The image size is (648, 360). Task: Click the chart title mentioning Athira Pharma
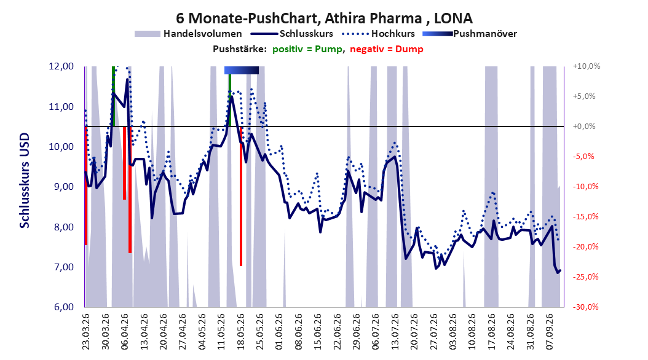click(x=324, y=18)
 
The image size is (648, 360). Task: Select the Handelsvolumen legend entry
click(x=188, y=34)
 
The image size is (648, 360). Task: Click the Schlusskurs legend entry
click(x=292, y=34)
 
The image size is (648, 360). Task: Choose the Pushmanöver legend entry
click(x=470, y=34)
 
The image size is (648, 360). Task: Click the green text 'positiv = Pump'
click(x=307, y=49)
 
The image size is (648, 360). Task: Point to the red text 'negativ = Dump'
click(x=387, y=49)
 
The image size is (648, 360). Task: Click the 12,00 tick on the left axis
click(x=61, y=66)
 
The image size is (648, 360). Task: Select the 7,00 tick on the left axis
click(x=61, y=267)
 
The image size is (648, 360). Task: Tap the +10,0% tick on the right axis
click(x=587, y=66)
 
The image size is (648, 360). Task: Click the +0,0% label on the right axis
click(x=584, y=127)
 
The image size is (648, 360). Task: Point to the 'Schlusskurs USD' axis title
click(x=25, y=181)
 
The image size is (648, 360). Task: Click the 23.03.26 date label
click(x=86, y=332)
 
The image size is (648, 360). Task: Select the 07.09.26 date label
click(x=550, y=332)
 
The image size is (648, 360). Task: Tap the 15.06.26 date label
click(x=318, y=332)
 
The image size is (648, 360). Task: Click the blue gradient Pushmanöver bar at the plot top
click(x=242, y=70)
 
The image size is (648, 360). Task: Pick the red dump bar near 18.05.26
click(x=241, y=196)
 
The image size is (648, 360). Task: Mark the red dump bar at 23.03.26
click(x=86, y=186)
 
